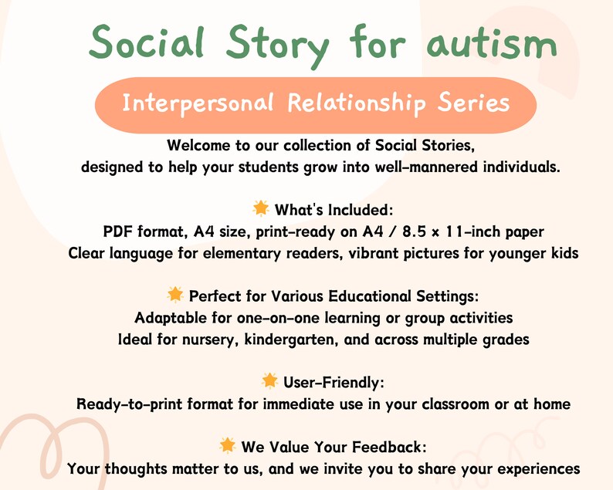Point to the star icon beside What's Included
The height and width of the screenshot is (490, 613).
[260, 208]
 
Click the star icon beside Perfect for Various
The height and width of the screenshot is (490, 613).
[175, 295]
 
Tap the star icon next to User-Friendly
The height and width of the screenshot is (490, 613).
[269, 380]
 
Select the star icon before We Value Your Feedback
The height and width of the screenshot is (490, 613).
[227, 445]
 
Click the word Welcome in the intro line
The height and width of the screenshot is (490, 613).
[198, 145]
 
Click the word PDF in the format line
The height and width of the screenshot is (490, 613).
[118, 231]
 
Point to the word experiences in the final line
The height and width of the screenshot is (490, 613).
[537, 468]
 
